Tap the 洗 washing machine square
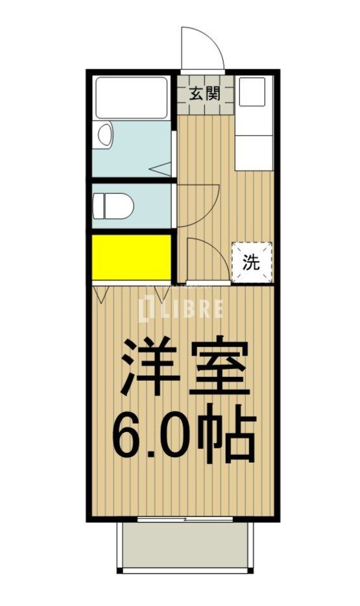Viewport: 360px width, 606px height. point(252,262)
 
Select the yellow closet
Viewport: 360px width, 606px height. point(131,257)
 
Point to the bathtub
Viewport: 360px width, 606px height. point(131,97)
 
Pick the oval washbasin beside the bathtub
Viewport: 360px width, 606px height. point(105,135)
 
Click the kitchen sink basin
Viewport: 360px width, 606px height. point(253,94)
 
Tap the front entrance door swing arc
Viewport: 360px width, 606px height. point(201,49)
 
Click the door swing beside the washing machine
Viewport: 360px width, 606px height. point(206,260)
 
